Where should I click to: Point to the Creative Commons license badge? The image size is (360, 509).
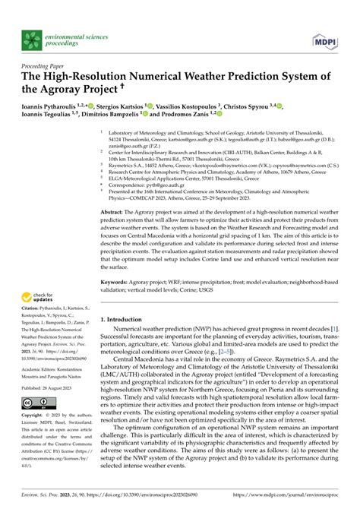pos(36,402)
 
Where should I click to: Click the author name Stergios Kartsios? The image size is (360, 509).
pos(123,106)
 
